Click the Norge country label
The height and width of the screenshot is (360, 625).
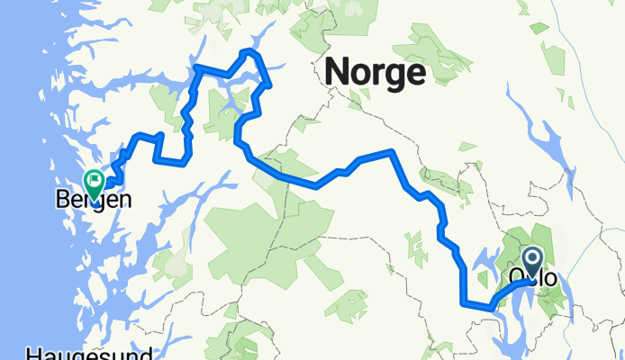coord(376,71)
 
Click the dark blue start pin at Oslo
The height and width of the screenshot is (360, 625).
coord(532,261)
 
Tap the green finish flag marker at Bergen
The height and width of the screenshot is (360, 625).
coord(94,183)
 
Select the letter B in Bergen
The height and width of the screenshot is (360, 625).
coord(60,199)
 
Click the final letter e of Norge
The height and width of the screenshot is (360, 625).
coord(415,72)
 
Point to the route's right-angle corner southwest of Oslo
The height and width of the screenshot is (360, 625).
coord(465,303)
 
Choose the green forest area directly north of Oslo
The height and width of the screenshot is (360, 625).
coord(531,234)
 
